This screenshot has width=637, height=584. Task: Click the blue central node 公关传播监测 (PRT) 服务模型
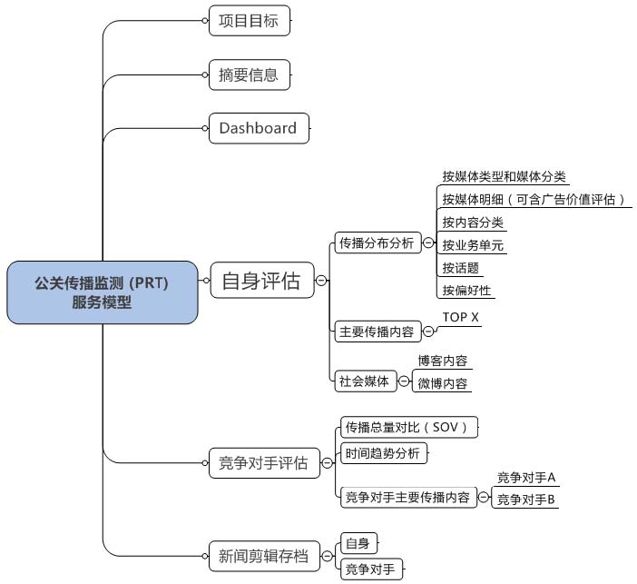[103, 292]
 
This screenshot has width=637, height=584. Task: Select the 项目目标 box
[250, 21]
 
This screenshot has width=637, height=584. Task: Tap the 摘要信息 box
[250, 74]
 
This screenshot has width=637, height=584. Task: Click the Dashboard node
[259, 128]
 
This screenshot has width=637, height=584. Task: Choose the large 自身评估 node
[262, 281]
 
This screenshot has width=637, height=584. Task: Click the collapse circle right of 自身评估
[321, 281]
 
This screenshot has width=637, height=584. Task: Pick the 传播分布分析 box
[377, 243]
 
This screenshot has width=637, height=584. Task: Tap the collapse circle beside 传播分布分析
[428, 243]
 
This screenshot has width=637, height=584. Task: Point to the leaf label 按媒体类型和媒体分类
[504, 176]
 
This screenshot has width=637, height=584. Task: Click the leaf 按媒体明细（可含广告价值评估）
[533, 199]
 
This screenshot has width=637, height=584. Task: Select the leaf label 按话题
[461, 268]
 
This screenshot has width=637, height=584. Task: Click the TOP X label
[461, 317]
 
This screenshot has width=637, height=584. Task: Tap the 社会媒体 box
[365, 381]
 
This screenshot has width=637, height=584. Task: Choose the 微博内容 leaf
[443, 383]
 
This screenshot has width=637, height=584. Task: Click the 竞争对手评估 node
[264, 463]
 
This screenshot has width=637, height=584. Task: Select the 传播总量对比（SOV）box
[409, 427]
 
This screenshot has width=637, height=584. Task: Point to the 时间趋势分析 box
[384, 453]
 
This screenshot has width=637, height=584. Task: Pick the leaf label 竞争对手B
[526, 500]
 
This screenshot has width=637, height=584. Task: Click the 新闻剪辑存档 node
[264, 556]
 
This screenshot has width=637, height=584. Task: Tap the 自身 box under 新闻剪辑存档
[358, 543]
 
